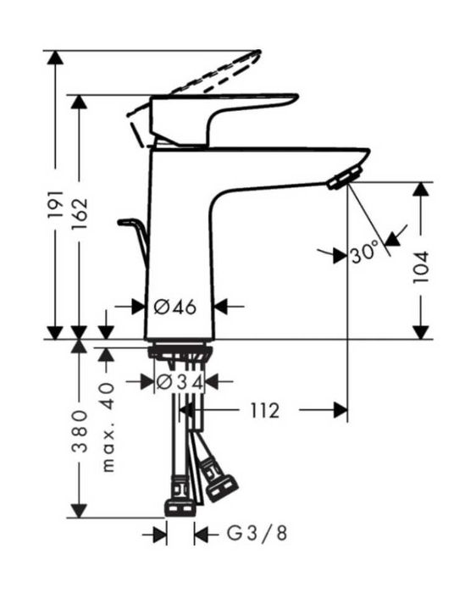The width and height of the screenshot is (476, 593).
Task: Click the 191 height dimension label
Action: (x=56, y=204)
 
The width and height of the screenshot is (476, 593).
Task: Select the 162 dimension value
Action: (x=80, y=213)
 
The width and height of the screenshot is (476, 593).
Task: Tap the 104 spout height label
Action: (x=420, y=267)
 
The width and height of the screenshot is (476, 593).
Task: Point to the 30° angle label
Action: (x=364, y=252)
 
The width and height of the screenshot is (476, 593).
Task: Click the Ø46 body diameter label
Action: (x=175, y=307)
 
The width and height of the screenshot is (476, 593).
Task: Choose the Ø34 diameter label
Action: (x=180, y=382)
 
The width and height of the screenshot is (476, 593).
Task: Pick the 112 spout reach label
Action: (x=264, y=410)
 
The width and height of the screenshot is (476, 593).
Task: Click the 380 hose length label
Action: (x=80, y=431)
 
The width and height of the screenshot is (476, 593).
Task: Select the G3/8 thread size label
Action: (x=257, y=533)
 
